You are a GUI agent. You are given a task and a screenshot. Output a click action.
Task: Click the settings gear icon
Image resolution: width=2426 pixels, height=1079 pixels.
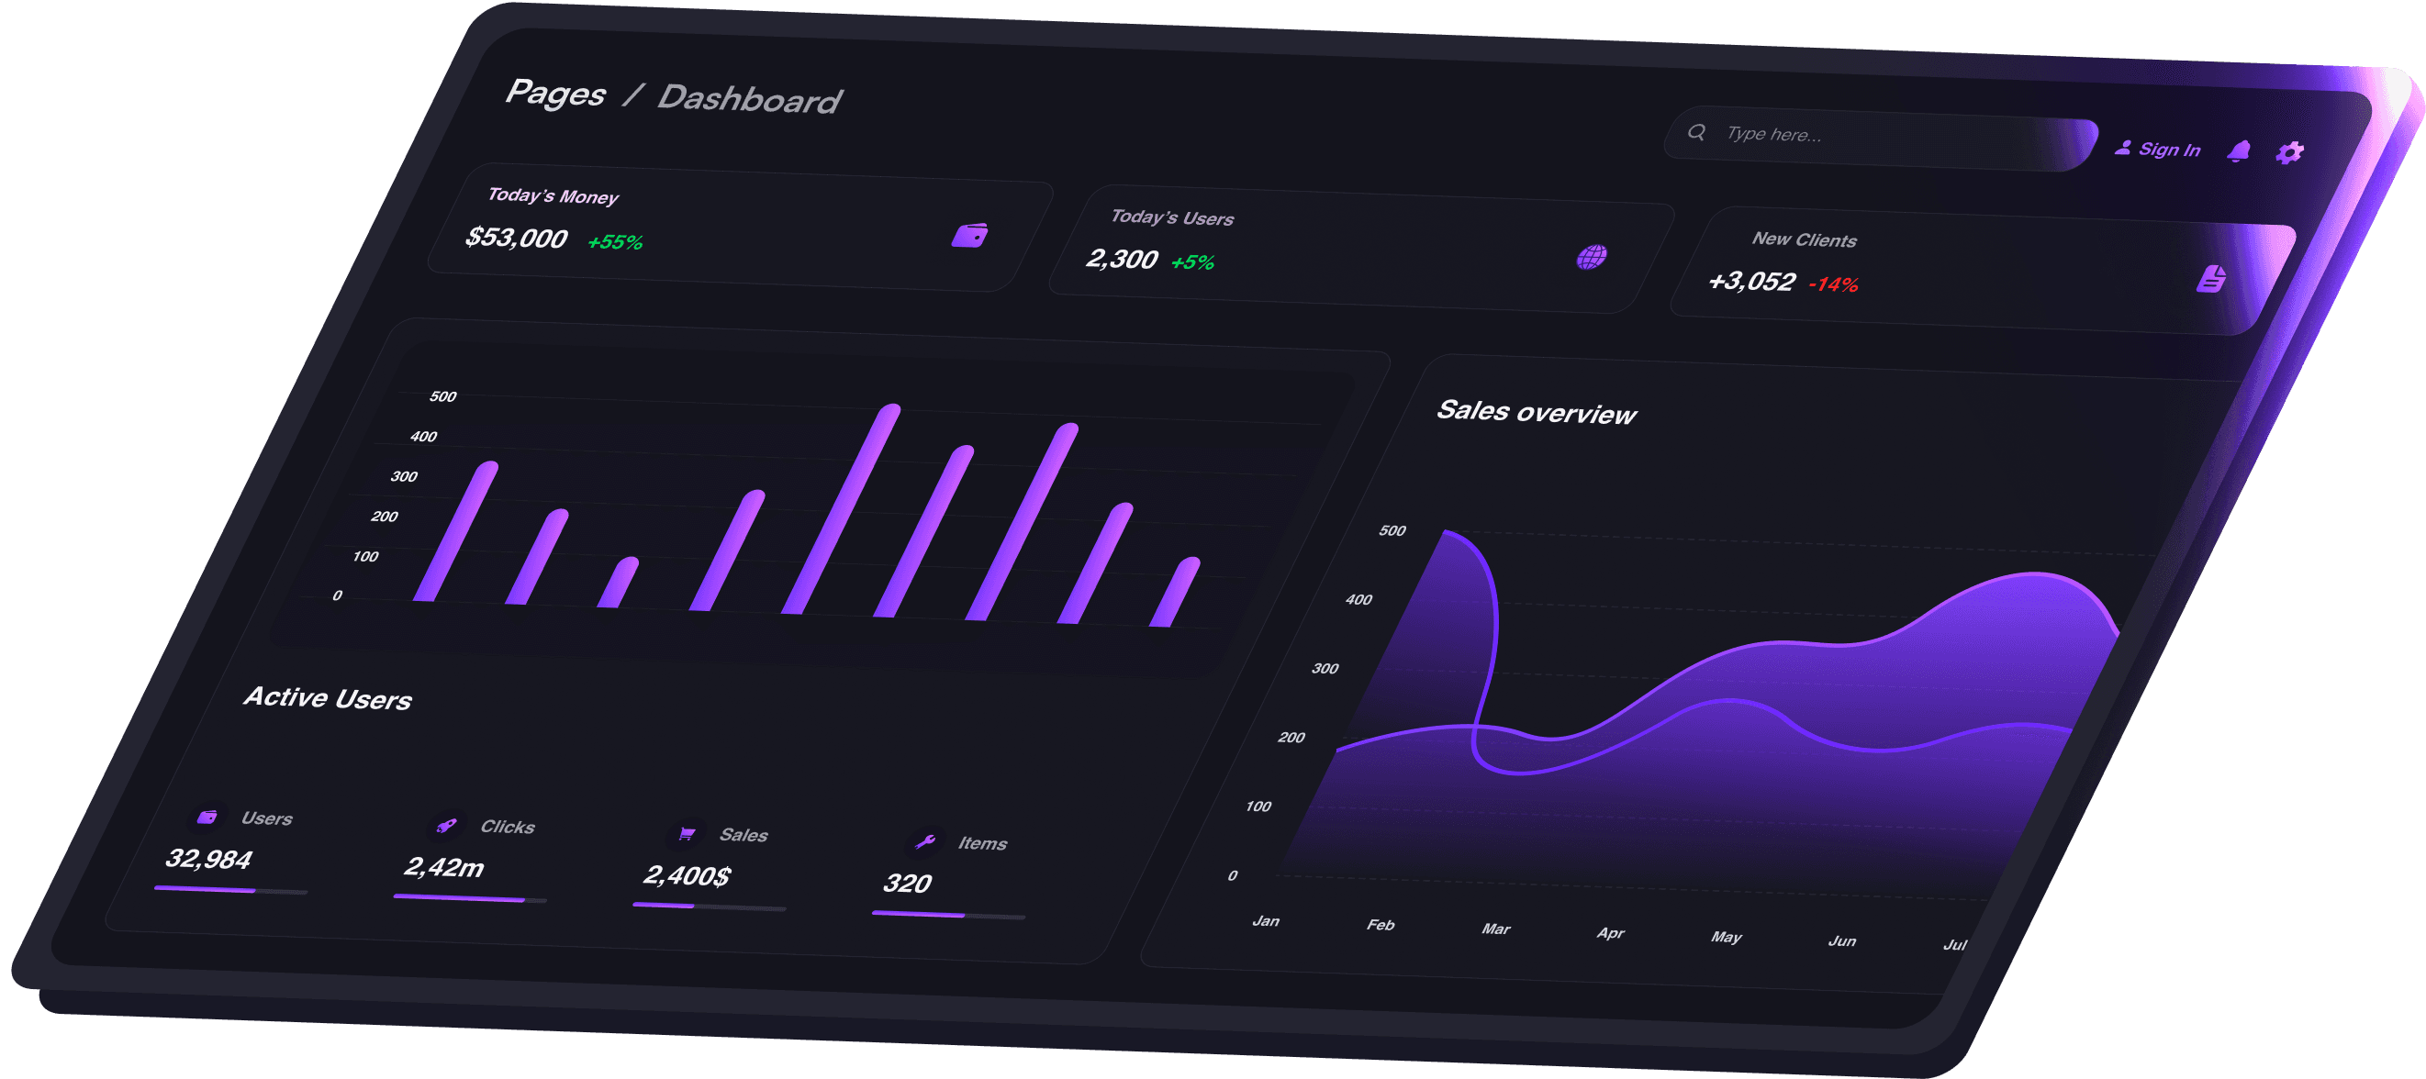[x=2289, y=152]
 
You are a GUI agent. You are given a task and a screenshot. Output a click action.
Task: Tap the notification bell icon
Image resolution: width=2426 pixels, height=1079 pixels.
[x=2239, y=150]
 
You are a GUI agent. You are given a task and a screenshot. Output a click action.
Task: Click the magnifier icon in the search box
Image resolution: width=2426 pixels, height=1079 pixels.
[x=1696, y=133]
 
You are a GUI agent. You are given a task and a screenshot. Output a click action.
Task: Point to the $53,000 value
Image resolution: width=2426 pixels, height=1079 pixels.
[x=516, y=238]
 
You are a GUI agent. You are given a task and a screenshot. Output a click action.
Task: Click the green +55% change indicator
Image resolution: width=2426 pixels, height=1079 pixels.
[x=615, y=242]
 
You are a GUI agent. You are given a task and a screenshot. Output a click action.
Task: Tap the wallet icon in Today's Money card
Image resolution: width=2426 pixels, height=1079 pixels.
[x=969, y=236]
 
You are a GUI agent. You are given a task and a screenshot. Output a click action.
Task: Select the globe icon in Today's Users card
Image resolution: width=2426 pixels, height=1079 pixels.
[x=1592, y=257]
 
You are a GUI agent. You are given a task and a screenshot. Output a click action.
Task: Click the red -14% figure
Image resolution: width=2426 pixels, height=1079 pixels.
[x=1833, y=284]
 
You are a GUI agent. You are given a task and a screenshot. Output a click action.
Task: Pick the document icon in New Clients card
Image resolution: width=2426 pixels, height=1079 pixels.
[x=2211, y=279]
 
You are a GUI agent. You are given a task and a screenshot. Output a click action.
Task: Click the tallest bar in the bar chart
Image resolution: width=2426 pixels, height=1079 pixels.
[x=842, y=508]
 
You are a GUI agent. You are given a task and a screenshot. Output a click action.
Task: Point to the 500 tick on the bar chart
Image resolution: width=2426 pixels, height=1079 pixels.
[x=442, y=397]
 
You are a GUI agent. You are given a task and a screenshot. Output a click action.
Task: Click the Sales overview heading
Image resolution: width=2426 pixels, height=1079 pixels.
[x=1536, y=412]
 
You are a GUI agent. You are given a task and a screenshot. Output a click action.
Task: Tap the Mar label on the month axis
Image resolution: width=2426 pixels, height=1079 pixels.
[x=1495, y=929]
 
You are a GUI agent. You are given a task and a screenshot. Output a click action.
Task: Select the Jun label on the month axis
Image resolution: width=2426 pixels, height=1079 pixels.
[x=1842, y=940]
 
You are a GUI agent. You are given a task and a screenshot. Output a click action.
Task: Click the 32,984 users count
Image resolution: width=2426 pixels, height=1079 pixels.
[x=209, y=859]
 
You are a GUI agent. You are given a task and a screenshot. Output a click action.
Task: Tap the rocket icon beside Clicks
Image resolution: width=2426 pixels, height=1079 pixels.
[x=446, y=826]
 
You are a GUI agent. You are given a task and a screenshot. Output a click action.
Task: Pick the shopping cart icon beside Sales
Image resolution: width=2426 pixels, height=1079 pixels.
[x=687, y=834]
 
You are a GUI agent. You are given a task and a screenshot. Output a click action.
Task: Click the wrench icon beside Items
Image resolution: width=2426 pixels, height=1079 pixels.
[x=925, y=841]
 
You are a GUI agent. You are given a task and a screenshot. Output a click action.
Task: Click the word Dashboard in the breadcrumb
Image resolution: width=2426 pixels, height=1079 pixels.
[x=749, y=99]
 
